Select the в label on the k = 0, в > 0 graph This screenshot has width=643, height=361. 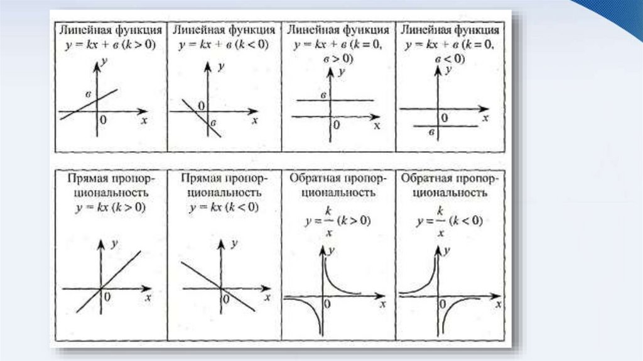click(323, 95)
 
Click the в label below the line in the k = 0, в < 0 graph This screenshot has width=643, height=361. click(431, 133)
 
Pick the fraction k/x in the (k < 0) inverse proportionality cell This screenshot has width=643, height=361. click(440, 221)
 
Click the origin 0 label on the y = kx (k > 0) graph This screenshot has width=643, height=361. click(107, 296)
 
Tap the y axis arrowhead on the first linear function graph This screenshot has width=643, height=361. click(97, 62)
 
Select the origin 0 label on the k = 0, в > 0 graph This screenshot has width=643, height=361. click(336, 125)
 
